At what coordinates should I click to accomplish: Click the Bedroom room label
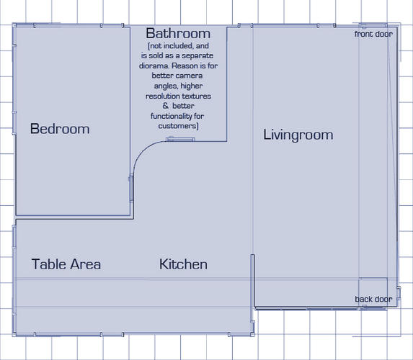(x=60, y=129)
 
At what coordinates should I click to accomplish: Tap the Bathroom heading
(x=178, y=33)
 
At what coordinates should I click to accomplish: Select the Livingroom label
(x=298, y=135)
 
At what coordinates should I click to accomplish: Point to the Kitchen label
(x=183, y=264)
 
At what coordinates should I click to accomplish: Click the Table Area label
(x=66, y=264)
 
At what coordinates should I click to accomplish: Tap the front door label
(x=373, y=34)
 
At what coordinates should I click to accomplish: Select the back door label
(x=373, y=300)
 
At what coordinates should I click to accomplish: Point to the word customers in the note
(x=177, y=126)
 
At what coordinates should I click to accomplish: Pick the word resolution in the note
(x=162, y=96)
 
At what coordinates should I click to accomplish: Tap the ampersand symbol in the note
(x=165, y=106)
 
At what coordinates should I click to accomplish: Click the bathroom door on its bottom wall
(x=180, y=140)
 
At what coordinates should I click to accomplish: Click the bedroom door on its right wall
(x=131, y=188)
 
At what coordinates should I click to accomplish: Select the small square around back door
(x=373, y=292)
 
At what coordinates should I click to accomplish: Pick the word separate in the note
(x=197, y=55)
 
